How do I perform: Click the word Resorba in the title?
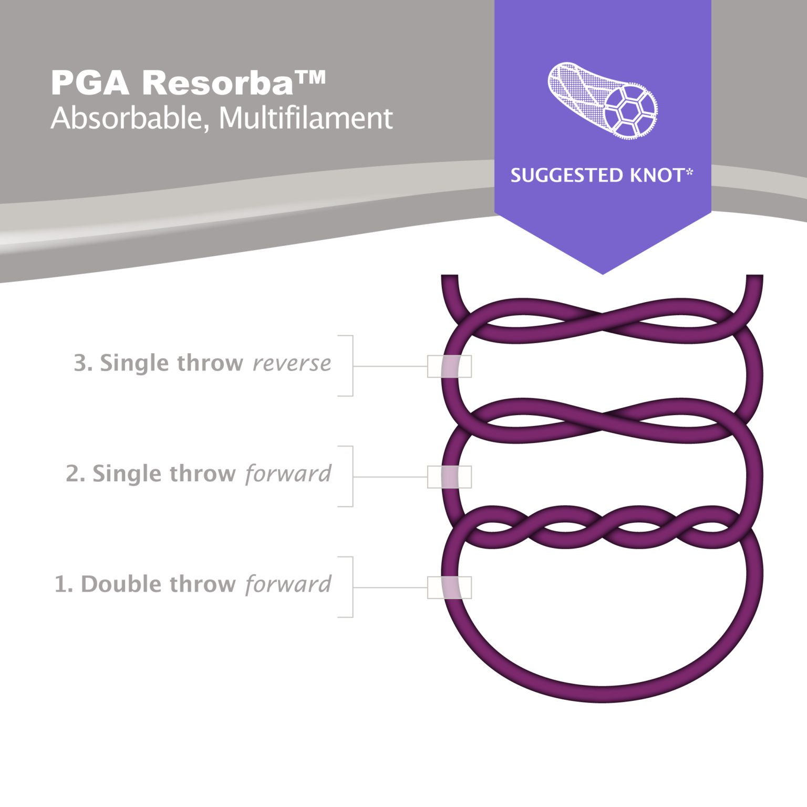pos(218,83)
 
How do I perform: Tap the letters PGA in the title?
pos(90,83)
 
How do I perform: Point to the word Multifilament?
pos(306,118)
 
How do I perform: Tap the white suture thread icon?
pos(603,100)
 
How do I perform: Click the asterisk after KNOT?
pos(689,172)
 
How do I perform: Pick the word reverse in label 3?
pos(292,363)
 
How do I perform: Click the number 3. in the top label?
pos(83,363)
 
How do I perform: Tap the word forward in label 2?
pos(288,474)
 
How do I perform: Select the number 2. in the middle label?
pos(75,474)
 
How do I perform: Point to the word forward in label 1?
pos(288,584)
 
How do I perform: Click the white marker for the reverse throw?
pos(449,366)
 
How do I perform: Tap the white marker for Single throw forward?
pos(449,477)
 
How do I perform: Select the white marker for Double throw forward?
pos(449,587)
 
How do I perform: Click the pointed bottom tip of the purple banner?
pos(603,273)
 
